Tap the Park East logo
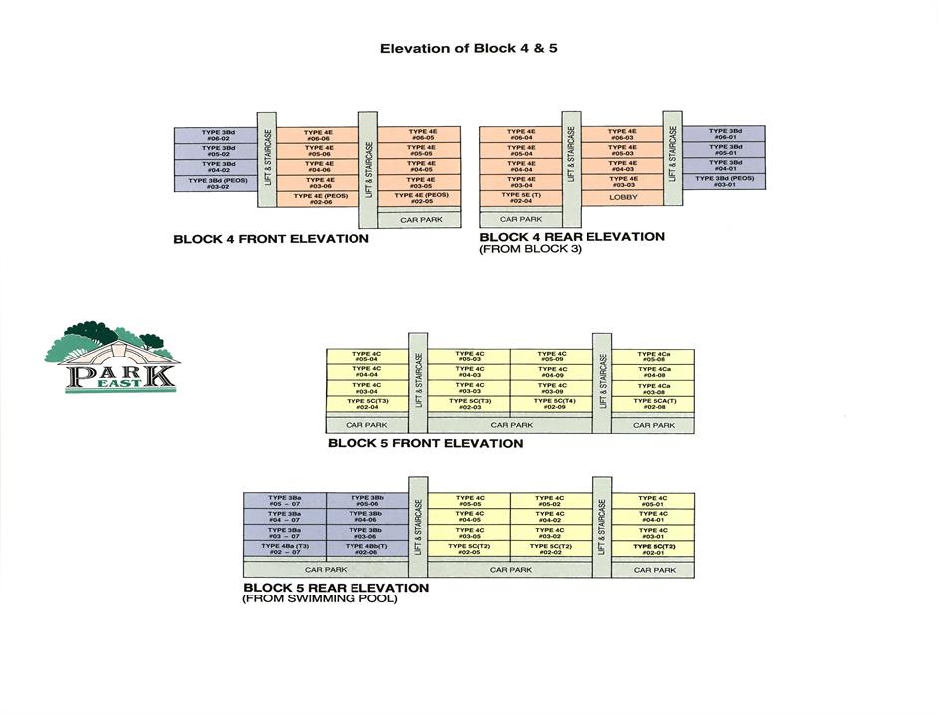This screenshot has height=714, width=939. [x=112, y=357]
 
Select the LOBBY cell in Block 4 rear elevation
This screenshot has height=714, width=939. [x=622, y=198]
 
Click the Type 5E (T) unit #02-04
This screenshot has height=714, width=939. [x=521, y=198]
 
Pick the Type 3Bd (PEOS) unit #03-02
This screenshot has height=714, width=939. [x=217, y=183]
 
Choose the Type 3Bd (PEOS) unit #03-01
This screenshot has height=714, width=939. [x=724, y=182]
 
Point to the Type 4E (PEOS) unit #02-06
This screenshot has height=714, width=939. [x=319, y=198]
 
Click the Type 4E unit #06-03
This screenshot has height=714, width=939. [x=622, y=134]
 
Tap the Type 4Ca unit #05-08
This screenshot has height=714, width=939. [x=653, y=357]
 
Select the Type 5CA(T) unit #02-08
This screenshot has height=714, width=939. [x=653, y=404]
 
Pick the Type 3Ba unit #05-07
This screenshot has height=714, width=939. [x=284, y=500]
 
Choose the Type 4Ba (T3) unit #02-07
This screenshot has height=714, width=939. [x=284, y=548]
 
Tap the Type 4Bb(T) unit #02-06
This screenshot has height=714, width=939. [x=365, y=548]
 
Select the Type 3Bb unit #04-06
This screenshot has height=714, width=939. [x=365, y=516]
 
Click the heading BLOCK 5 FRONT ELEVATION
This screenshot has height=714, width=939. [x=424, y=443]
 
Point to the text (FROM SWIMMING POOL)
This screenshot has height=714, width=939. [x=320, y=599]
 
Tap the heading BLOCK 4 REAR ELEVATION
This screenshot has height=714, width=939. [x=572, y=237]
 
